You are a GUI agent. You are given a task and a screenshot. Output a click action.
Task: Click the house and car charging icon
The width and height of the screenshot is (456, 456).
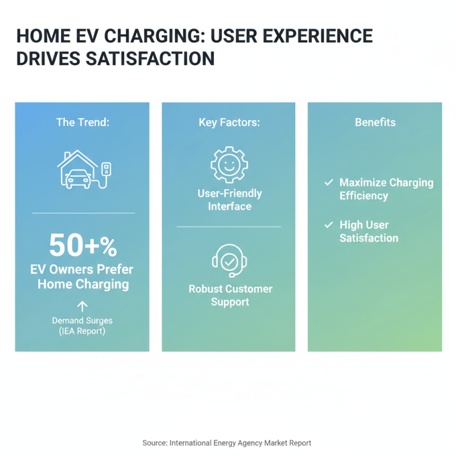tap(83, 169)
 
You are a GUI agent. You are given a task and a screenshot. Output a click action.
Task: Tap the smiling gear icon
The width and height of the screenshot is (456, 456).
tap(229, 164)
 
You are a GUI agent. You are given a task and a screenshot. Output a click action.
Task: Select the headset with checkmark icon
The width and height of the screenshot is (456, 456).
tap(229, 261)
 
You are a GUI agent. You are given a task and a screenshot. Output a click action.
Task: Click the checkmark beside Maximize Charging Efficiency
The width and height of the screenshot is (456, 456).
tap(328, 183)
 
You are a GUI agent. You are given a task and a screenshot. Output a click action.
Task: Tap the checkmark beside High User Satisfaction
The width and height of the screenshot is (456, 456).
tap(328, 225)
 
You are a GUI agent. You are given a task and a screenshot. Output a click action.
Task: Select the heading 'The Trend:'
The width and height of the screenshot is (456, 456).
tap(83, 122)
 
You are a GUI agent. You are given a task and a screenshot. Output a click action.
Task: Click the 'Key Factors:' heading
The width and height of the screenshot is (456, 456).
tap(229, 122)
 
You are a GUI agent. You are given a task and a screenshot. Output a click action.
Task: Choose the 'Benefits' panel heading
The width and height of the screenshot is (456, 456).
tap(375, 122)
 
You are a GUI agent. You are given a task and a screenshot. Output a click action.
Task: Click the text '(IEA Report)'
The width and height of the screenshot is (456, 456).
tap(83, 331)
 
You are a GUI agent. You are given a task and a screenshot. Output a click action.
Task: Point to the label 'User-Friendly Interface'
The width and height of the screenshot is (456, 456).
tap(229, 200)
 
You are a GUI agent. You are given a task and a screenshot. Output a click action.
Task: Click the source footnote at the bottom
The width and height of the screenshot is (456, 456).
tap(227, 442)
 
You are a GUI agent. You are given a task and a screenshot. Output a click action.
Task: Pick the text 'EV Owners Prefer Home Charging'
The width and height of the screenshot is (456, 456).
tap(83, 276)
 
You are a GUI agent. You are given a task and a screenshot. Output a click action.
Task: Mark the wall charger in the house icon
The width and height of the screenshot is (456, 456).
tap(105, 168)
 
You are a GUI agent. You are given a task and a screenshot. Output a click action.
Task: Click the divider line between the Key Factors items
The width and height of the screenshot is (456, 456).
tap(229, 227)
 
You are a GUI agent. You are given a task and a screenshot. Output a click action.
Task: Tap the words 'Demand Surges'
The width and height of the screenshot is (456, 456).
tap(83, 320)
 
